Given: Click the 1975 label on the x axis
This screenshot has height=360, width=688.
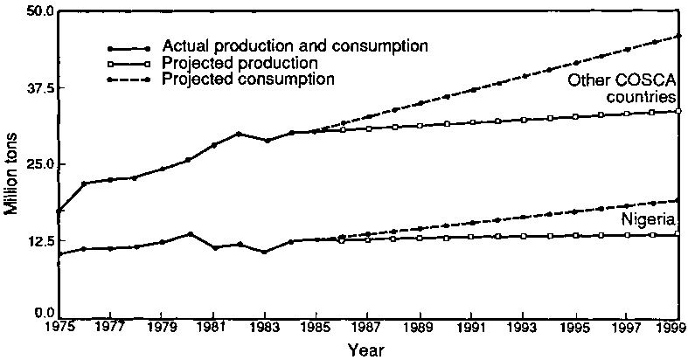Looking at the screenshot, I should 58,329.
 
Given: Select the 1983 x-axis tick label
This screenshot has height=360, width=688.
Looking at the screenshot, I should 266,329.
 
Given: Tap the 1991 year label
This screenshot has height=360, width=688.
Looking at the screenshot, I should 472,329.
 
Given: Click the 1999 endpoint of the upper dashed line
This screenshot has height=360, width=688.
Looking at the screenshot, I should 678,36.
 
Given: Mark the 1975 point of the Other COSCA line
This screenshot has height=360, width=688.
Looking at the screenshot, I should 59,211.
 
